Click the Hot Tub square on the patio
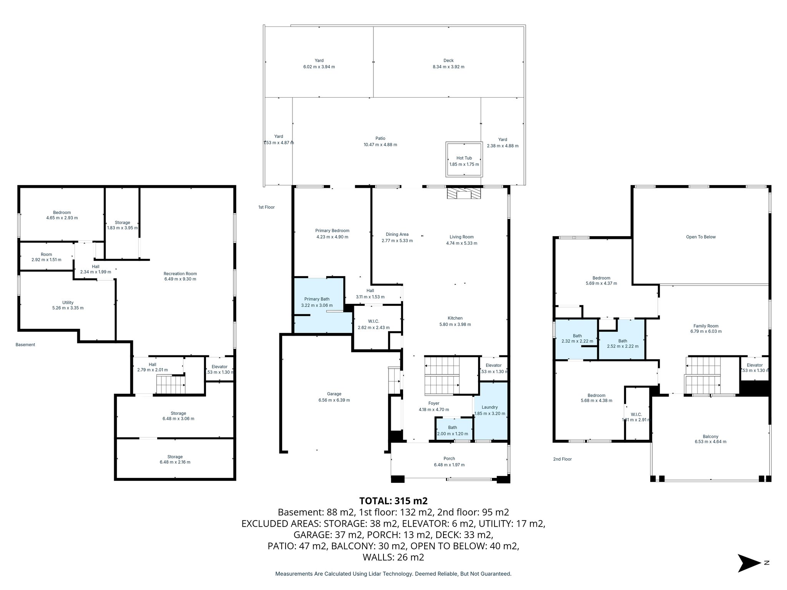point(464,160)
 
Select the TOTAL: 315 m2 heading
point(393,501)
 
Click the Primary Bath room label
point(317,299)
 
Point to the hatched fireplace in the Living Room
point(464,193)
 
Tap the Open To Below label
point(701,237)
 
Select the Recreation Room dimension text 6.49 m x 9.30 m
point(180,279)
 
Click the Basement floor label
point(25,345)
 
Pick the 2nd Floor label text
point(562,459)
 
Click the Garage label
point(334,394)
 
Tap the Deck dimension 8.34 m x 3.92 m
point(448,67)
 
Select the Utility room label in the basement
point(68,302)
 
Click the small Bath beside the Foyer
point(453,429)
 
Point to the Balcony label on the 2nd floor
point(710,436)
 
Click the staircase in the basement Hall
point(171,384)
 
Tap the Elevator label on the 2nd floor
point(754,365)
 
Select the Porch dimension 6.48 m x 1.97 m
point(449,465)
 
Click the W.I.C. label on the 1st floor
point(373,321)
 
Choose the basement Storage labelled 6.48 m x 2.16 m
point(175,459)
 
